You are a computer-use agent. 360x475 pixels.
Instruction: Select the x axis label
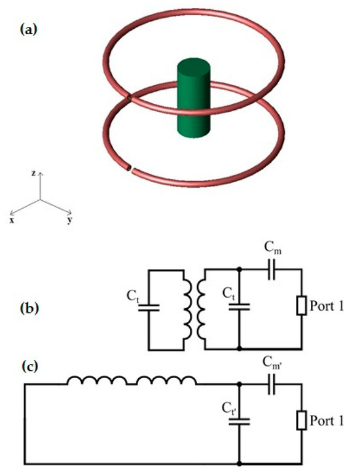coord(12,221)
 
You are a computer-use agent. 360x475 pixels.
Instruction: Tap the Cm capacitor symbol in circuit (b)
coord(270,269)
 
